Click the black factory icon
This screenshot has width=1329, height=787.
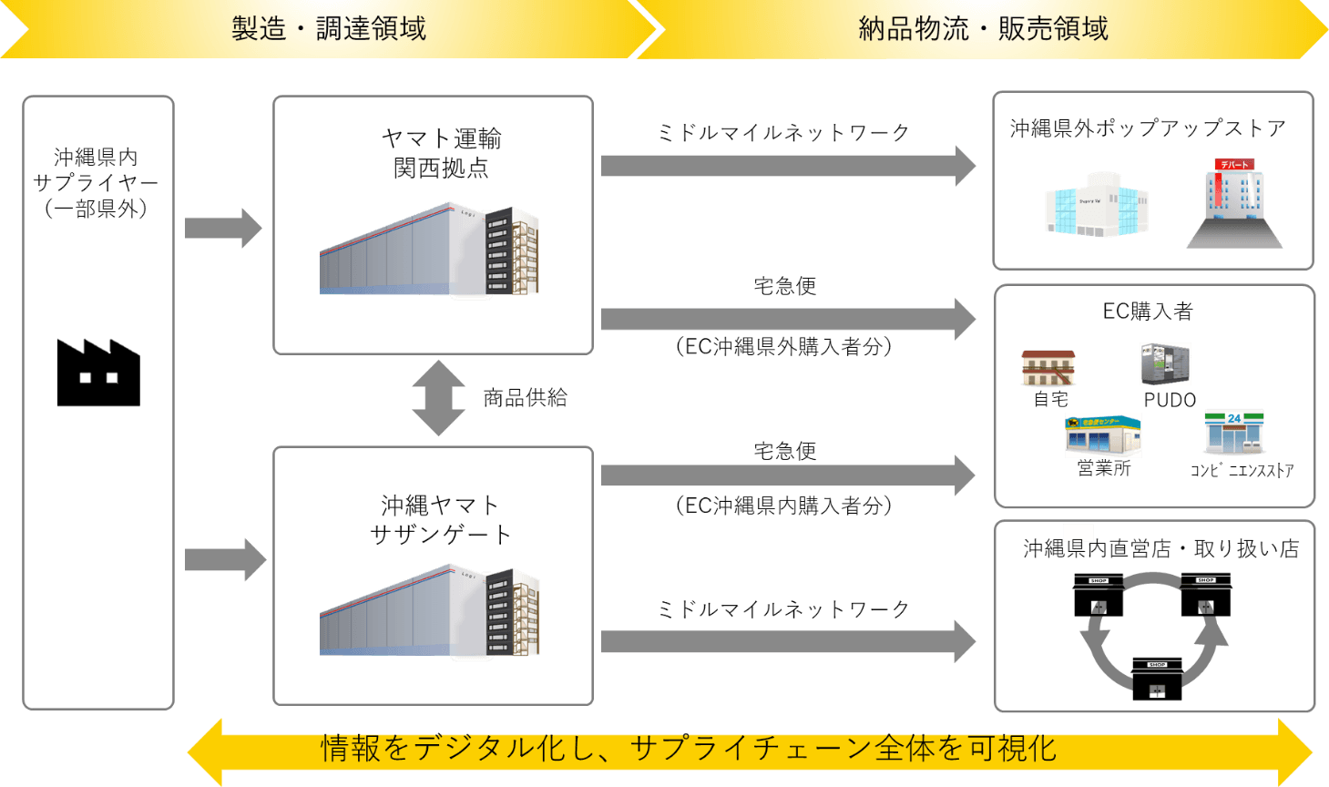point(98,373)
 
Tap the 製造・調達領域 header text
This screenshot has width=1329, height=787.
point(328,29)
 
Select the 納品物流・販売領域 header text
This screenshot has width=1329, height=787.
point(983,29)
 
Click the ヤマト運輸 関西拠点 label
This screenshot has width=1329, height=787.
point(441,153)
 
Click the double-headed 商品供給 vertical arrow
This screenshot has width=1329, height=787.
point(438,398)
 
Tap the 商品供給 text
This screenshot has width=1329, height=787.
point(525,398)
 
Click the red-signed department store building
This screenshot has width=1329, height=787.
point(1235,204)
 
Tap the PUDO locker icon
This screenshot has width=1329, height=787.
point(1165,364)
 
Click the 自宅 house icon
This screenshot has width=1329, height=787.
point(1048,369)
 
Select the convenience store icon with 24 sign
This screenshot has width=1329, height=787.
point(1233,432)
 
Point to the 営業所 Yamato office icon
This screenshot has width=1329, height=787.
point(1103,436)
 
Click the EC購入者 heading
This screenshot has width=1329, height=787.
point(1148,312)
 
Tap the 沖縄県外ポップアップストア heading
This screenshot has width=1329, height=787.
point(1147,128)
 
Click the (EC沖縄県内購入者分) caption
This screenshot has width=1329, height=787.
point(783,506)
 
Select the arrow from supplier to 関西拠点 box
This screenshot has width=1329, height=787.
point(223,228)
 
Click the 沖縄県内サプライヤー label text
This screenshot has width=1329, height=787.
point(96,182)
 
